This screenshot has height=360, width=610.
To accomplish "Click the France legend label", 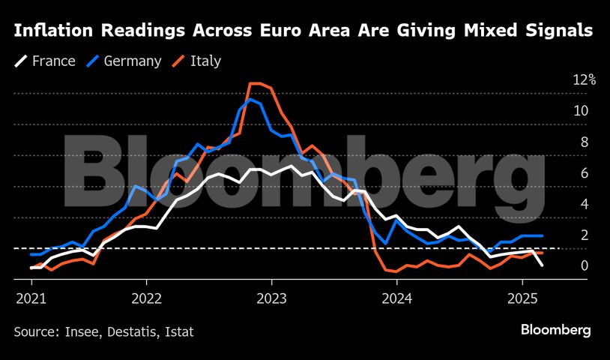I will tap(54, 61).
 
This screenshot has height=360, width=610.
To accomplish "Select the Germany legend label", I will tap(133, 61).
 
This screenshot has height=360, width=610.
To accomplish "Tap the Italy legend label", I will tap(205, 61).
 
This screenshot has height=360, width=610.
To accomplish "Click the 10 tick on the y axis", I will tap(581, 111).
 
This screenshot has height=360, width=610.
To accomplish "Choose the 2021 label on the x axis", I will tap(30, 298).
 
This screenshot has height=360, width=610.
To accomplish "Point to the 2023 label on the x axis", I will tap(271, 298).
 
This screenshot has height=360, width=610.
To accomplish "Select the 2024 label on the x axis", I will tap(396, 298).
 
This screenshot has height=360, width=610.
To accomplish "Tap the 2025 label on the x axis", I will tap(522, 298).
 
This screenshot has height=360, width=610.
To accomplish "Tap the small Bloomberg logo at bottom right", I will tap(555, 330).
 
